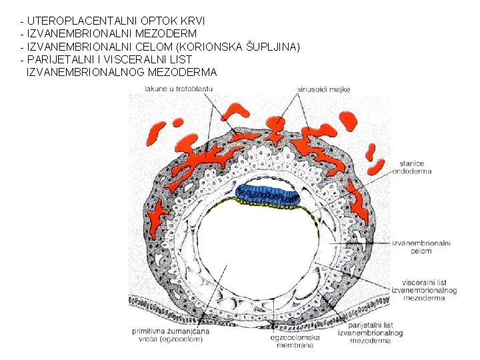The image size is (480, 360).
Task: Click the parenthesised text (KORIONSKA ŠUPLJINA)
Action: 238,46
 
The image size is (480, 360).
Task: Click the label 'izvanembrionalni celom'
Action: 421,247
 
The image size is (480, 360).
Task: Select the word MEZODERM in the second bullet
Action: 169,33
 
